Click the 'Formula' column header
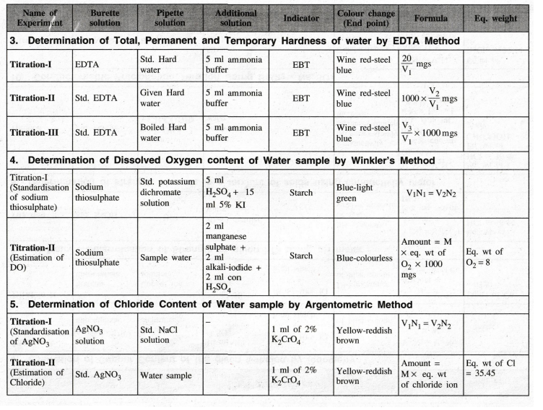point(430,19)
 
